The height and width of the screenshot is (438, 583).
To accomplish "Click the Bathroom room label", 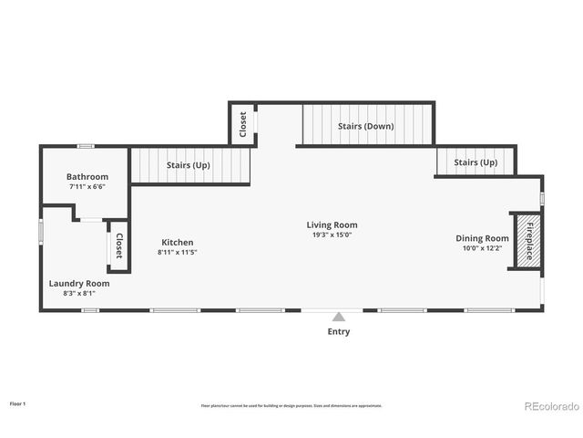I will coord(87,176).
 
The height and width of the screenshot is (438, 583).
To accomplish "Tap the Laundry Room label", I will coord(79,283).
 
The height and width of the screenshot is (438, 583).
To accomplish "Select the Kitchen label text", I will coord(178,242).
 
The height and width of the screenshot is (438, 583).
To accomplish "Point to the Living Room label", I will coord(332,224).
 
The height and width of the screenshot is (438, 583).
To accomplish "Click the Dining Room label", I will coord(482,238).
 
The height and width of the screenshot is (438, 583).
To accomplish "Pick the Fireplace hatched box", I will coord(525,239).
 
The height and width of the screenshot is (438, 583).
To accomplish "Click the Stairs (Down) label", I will coord(366,126).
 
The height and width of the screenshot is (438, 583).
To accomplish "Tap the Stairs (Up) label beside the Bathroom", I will coord(190,165).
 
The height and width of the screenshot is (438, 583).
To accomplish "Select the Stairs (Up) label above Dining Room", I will coord(476,162).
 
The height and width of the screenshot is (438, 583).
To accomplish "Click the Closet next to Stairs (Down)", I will coord(242,125).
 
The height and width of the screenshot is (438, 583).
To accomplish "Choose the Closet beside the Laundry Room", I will coord(118,245).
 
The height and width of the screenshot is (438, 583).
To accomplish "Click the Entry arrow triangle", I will coord(338,317).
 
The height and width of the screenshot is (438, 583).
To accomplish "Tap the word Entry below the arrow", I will coord(338,331).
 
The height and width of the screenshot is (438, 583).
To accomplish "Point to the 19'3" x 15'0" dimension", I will coord(332,235).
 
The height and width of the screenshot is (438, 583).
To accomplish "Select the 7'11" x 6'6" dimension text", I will coord(87,186).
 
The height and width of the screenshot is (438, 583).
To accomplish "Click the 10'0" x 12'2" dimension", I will coord(482,248).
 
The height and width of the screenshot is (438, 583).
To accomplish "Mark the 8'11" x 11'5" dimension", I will coord(178,252).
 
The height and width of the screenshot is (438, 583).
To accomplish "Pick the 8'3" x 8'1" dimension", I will coord(79,293).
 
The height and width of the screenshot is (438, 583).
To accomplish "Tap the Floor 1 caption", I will coord(18,402).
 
